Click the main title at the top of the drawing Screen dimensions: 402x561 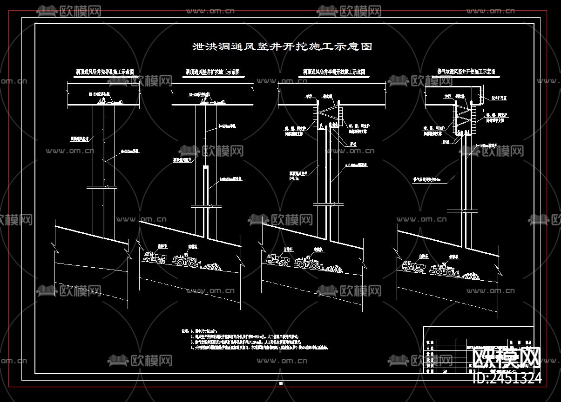point(282,46)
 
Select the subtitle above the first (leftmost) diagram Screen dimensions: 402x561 point(105,72)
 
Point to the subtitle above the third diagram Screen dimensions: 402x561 point(334,72)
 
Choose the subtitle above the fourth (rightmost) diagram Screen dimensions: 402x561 point(466,72)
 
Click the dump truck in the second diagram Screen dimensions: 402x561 point(155,257)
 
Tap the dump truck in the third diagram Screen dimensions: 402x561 point(277,259)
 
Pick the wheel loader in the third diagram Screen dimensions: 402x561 point(307,263)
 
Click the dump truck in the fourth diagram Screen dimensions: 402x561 point(413,265)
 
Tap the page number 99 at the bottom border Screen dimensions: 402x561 point(281,383)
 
